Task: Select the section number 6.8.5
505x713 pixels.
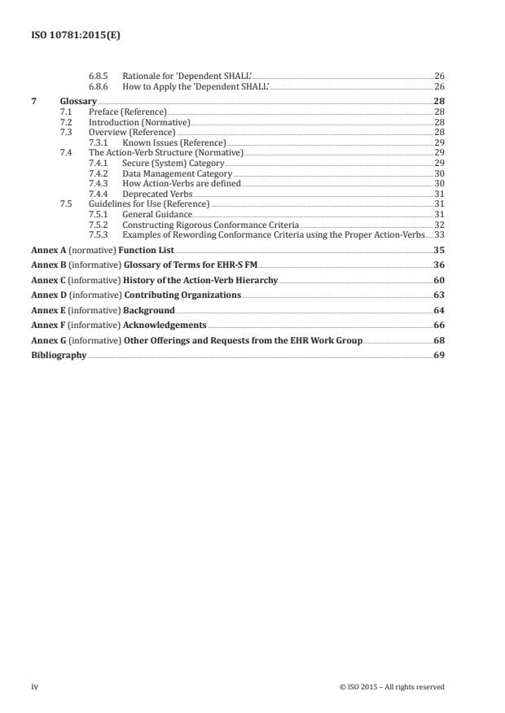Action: (99, 76)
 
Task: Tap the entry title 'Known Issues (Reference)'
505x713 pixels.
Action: (173, 142)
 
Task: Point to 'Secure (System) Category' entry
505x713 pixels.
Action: (173, 164)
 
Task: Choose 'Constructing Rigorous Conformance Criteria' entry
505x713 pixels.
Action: (210, 225)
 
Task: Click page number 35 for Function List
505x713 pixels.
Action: (439, 251)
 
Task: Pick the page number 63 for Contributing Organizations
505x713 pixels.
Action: (439, 295)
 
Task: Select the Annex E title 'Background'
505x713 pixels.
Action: (149, 310)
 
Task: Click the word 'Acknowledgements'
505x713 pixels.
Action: (165, 325)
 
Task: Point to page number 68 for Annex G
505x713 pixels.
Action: (439, 340)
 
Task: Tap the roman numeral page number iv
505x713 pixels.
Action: (34, 687)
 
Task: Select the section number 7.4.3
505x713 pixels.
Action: (99, 184)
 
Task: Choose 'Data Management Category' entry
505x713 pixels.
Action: (177, 173)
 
